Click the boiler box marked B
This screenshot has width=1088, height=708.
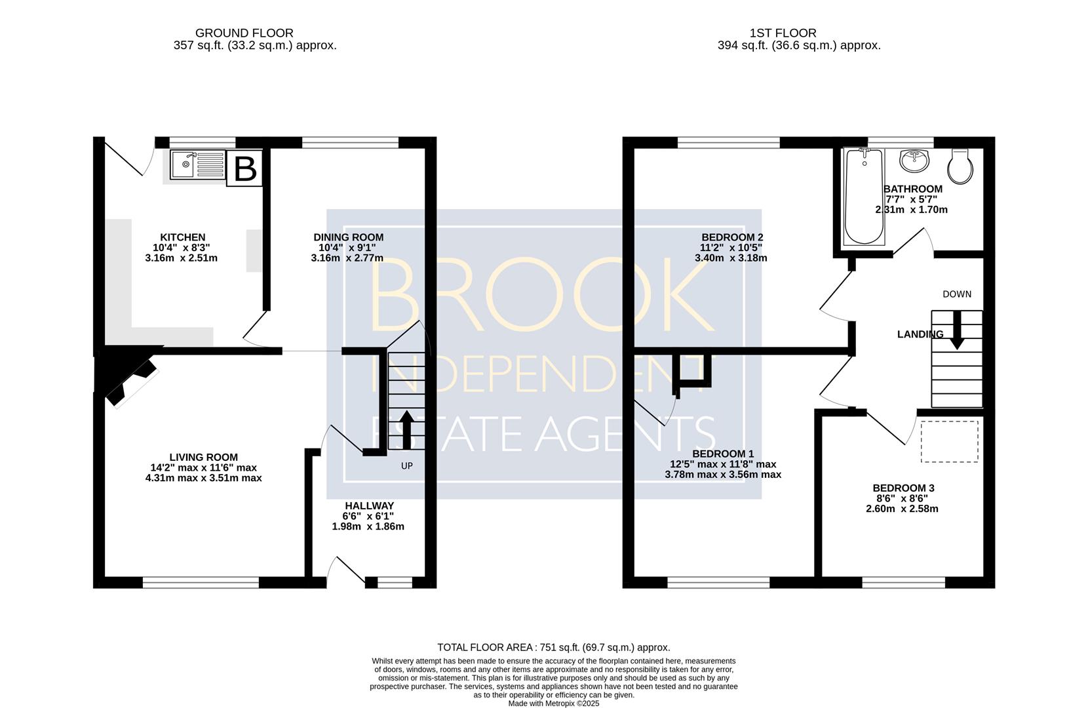tap(244, 168)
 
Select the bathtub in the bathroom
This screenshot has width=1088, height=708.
tap(865, 197)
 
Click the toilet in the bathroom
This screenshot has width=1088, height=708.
tap(960, 167)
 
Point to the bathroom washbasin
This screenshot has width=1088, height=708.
tap(914, 161)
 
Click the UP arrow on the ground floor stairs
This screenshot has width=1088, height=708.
tap(406, 429)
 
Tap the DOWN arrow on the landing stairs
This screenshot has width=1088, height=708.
tap(957, 330)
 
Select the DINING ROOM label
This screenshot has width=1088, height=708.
tap(348, 237)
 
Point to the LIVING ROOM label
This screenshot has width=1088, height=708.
tap(204, 458)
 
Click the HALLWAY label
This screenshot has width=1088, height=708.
tap(369, 506)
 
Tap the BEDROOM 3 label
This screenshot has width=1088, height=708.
tap(903, 488)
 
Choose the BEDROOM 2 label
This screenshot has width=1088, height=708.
tap(733, 237)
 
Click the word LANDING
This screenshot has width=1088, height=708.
tap(920, 334)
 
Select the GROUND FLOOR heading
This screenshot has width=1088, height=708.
tap(244, 33)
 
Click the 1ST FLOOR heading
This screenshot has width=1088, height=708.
tap(783, 33)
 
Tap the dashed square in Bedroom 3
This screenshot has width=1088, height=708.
tap(950, 441)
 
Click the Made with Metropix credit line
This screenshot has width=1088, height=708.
tap(554, 703)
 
